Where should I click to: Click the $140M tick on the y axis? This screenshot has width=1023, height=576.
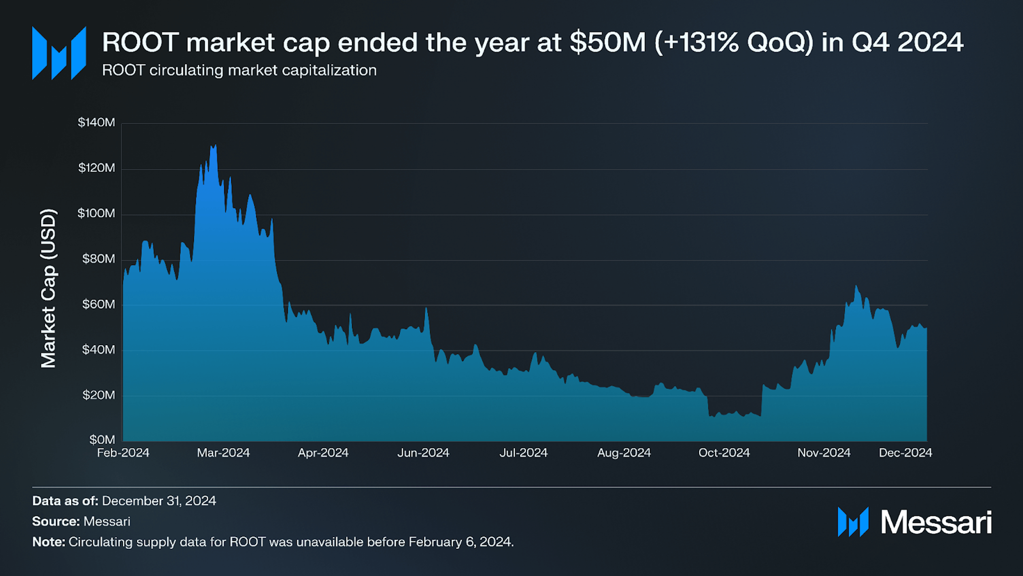(96, 123)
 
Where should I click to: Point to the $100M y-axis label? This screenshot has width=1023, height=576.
(96, 213)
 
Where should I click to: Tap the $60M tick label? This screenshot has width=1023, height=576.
(98, 304)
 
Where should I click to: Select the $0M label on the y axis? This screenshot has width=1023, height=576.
(102, 439)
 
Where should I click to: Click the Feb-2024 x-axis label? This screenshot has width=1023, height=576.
(123, 453)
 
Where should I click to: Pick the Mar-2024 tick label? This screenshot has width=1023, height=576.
(223, 453)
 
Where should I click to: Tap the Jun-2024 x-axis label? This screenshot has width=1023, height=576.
(423, 453)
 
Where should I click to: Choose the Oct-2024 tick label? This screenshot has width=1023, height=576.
(724, 453)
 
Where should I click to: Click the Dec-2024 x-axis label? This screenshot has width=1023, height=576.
(905, 453)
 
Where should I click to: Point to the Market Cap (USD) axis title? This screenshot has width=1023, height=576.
(49, 288)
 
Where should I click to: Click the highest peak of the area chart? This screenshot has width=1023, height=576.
(215, 146)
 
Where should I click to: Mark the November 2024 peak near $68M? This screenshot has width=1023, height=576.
(856, 286)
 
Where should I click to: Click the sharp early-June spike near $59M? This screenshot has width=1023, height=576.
(426, 309)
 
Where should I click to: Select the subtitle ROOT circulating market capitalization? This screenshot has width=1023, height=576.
(239, 70)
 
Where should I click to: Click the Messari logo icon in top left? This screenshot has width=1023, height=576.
(59, 53)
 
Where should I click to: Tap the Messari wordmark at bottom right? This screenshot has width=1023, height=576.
(936, 522)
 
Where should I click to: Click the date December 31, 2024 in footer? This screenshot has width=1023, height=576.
(159, 501)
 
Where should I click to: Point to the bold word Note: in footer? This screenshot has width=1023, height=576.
(49, 542)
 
